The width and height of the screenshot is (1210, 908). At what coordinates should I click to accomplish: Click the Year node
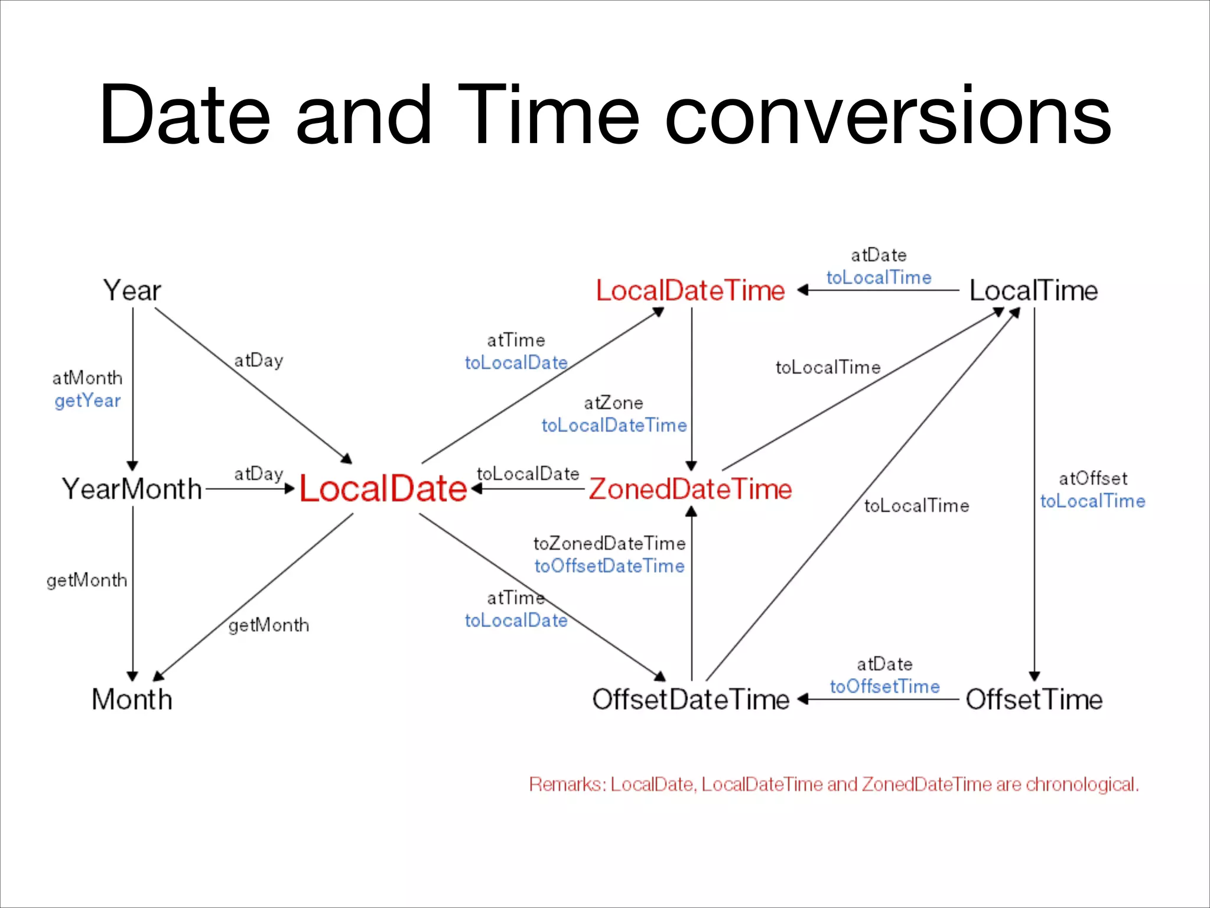tap(132, 291)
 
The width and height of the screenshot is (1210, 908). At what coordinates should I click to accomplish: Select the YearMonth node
tap(132, 489)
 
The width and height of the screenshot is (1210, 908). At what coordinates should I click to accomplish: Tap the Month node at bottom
tap(132, 699)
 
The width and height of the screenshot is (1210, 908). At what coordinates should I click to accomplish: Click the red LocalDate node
tap(383, 489)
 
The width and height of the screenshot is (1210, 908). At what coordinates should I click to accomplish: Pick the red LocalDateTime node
tap(690, 291)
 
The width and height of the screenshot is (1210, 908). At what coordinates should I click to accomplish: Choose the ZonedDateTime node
tap(690, 489)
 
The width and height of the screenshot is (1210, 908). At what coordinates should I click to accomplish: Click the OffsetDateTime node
tap(691, 699)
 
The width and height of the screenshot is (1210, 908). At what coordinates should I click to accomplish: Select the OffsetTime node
tap(1033, 699)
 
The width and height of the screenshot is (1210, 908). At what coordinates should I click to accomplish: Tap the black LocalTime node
tap(1033, 291)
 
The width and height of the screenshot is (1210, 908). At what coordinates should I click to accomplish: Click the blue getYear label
tap(87, 401)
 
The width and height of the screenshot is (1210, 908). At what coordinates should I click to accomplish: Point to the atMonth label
tap(87, 378)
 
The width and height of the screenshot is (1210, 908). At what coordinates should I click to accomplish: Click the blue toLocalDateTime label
tap(614, 425)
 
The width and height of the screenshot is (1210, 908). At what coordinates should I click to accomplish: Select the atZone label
tap(613, 403)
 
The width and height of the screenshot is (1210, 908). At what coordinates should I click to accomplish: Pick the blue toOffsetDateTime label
tap(609, 566)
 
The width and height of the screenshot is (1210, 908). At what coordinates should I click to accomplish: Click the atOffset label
tap(1093, 478)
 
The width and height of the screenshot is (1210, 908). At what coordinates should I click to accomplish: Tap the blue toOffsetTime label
tap(884, 686)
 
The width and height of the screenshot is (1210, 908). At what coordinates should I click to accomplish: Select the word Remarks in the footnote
tap(566, 784)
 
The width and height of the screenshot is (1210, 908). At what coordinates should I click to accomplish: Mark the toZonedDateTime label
tap(609, 543)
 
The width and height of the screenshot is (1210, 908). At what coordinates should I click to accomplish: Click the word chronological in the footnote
tap(1081, 784)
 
